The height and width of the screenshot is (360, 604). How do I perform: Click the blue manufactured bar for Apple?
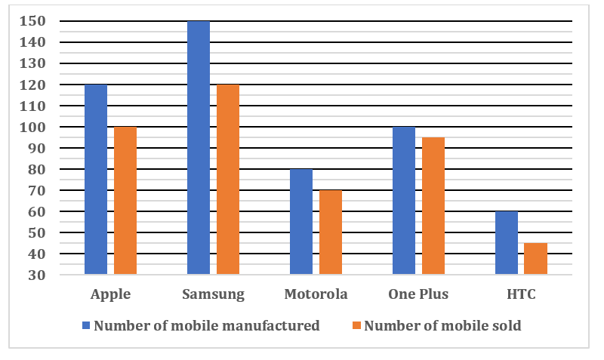click(96, 180)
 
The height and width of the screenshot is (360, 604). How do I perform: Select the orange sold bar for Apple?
click(125, 201)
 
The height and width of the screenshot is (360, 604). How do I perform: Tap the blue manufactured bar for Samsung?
click(199, 148)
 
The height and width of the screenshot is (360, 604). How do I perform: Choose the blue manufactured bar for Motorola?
click(301, 222)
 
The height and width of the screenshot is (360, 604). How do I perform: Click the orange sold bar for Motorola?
click(331, 232)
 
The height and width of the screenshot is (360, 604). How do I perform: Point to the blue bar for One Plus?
click(404, 201)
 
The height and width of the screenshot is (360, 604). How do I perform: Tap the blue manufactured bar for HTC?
click(507, 243)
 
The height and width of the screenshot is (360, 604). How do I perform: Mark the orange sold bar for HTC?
click(535, 259)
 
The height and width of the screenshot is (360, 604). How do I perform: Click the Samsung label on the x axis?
click(214, 294)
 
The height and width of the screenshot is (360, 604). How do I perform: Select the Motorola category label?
click(316, 294)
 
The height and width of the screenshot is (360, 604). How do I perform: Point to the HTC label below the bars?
click(521, 294)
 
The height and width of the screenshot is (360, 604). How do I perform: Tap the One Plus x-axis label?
click(419, 294)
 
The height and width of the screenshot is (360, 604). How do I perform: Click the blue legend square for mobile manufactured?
click(86, 326)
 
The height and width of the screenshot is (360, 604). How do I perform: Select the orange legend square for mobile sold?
click(356, 326)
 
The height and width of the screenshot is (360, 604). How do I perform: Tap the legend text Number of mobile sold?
click(442, 326)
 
